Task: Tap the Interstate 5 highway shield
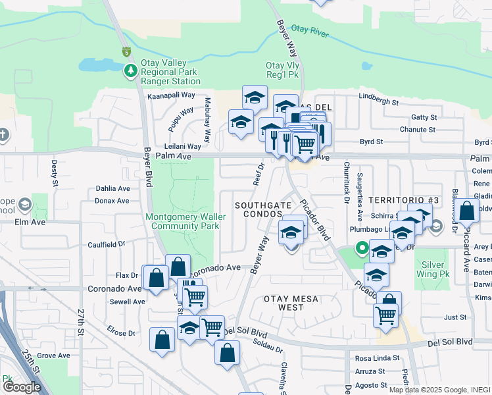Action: pos(126,51)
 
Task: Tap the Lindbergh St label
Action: pos(379,103)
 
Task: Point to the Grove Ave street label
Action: pos(54,355)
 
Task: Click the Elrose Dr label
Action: pos(123,333)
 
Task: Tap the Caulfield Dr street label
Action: pos(106,244)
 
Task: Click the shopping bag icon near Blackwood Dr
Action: pos(466,211)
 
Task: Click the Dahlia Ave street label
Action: pos(112,188)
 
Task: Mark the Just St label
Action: pos(455,317)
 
